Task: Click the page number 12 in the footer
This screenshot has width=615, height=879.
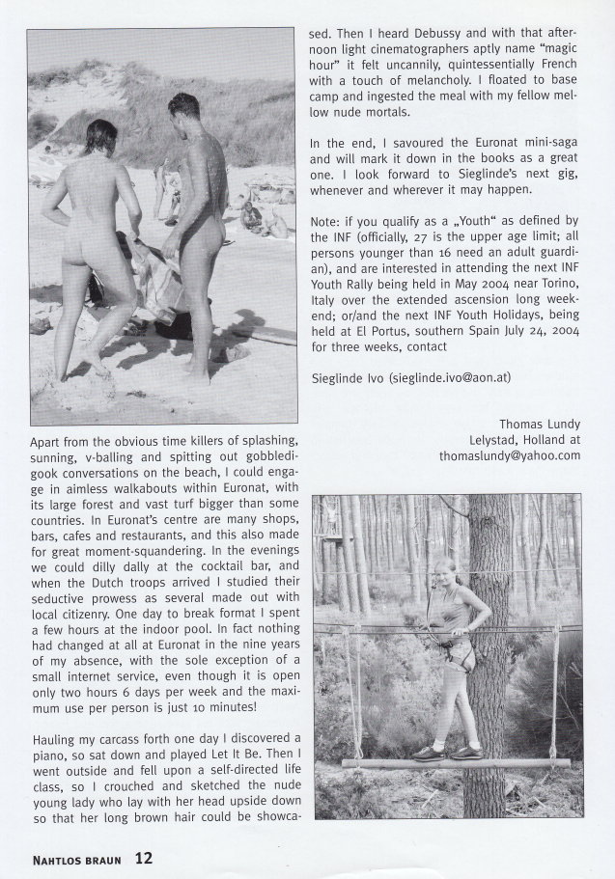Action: pyautogui.click(x=144, y=857)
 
